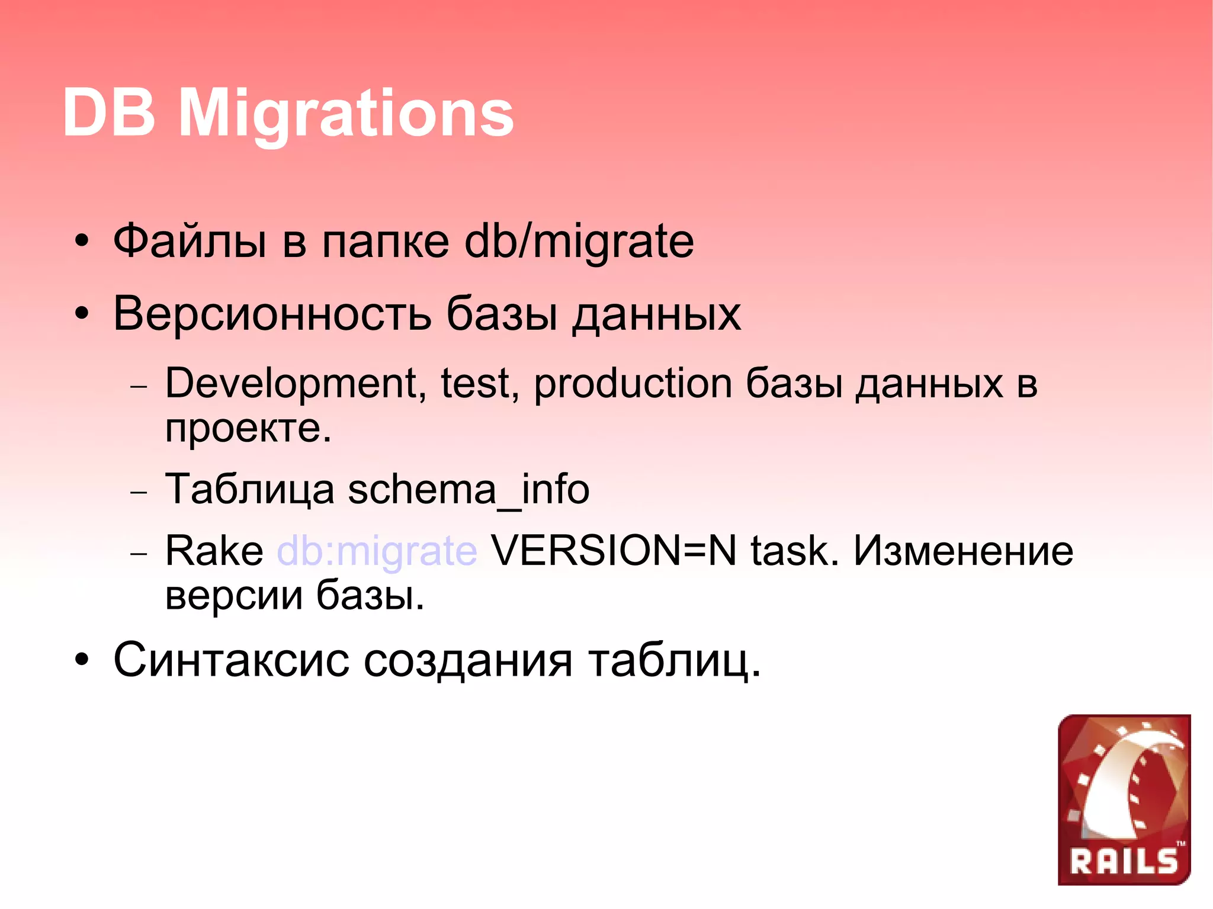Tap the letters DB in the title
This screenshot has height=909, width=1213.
[109, 113]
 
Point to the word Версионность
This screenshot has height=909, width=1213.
[272, 314]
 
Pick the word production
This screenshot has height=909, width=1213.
[633, 384]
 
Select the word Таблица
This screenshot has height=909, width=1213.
[249, 490]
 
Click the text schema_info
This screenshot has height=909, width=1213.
[468, 490]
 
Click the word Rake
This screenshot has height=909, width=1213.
[214, 551]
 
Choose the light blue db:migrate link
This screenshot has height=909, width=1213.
[377, 551]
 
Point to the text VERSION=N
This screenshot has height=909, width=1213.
[614, 551]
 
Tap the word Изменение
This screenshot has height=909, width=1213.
[963, 551]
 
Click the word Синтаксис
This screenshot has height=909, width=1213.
[231, 660]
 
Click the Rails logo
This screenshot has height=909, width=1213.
[1124, 799]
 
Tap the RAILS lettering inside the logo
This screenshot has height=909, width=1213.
[1123, 861]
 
